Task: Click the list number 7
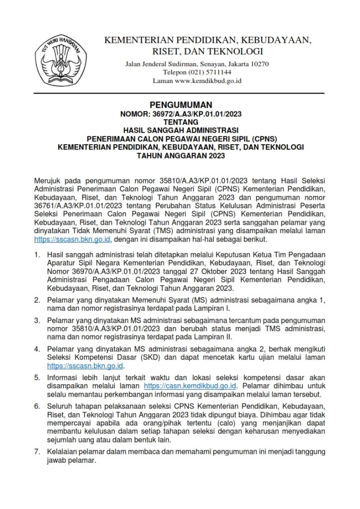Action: point(37,452)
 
